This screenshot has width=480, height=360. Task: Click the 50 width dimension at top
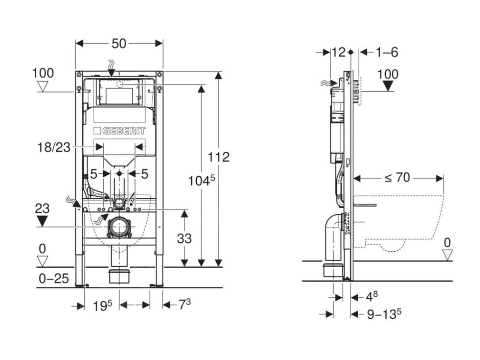click(x=119, y=44)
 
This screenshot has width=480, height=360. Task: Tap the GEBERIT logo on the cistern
click(x=120, y=131)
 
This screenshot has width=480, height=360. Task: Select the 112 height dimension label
click(x=218, y=157)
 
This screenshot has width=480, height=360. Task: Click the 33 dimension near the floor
click(x=184, y=239)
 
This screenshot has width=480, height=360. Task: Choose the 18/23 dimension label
click(x=54, y=147)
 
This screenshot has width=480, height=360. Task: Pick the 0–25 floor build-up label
click(x=54, y=278)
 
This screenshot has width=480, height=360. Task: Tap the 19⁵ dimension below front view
click(x=103, y=306)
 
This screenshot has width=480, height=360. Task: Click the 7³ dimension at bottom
click(x=185, y=304)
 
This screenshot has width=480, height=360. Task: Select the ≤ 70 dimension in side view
click(x=397, y=178)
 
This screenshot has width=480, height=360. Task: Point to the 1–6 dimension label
click(x=387, y=52)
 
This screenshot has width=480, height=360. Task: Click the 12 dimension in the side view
click(x=338, y=52)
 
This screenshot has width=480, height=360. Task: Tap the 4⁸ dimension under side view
click(x=372, y=296)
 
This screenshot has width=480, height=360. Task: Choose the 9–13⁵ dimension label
click(x=384, y=314)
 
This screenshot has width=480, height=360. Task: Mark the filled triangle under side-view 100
click(x=388, y=86)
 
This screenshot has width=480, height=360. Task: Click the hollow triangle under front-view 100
click(x=43, y=87)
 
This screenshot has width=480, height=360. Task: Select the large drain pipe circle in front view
click(x=120, y=227)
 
